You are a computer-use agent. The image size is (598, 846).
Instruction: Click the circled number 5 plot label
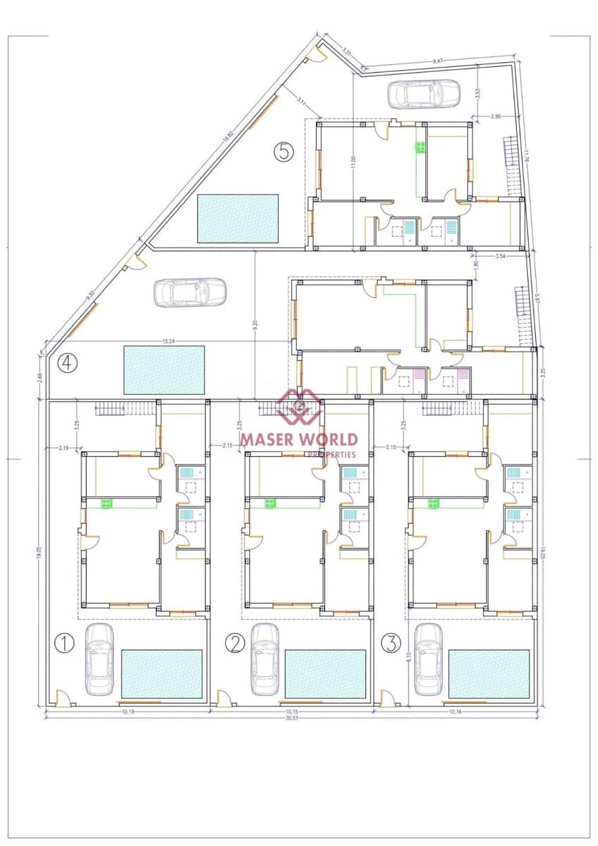point(283,152)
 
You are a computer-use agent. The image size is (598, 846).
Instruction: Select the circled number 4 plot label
point(68,362)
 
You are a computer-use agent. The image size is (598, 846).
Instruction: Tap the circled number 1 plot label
point(64,642)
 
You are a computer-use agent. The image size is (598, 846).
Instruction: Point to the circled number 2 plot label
point(235,642)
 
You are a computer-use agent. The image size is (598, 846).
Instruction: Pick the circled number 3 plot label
point(391,642)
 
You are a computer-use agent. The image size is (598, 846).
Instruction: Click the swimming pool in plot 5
point(238,219)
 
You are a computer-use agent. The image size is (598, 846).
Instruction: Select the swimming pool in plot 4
point(164,369)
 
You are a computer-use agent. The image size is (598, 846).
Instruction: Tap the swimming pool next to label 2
point(325,674)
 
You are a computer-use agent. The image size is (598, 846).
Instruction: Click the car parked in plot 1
point(99,658)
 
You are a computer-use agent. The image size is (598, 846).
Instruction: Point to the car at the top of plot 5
point(424,94)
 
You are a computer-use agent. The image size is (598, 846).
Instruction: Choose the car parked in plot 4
point(190,293)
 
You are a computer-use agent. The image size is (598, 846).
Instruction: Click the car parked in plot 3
point(428,658)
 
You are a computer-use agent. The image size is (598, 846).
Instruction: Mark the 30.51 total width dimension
point(291,718)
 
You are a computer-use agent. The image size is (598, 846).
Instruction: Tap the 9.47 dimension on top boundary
point(438,62)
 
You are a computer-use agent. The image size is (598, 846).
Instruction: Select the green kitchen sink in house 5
point(420,147)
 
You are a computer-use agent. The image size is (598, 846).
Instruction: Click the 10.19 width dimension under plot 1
point(128,712)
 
